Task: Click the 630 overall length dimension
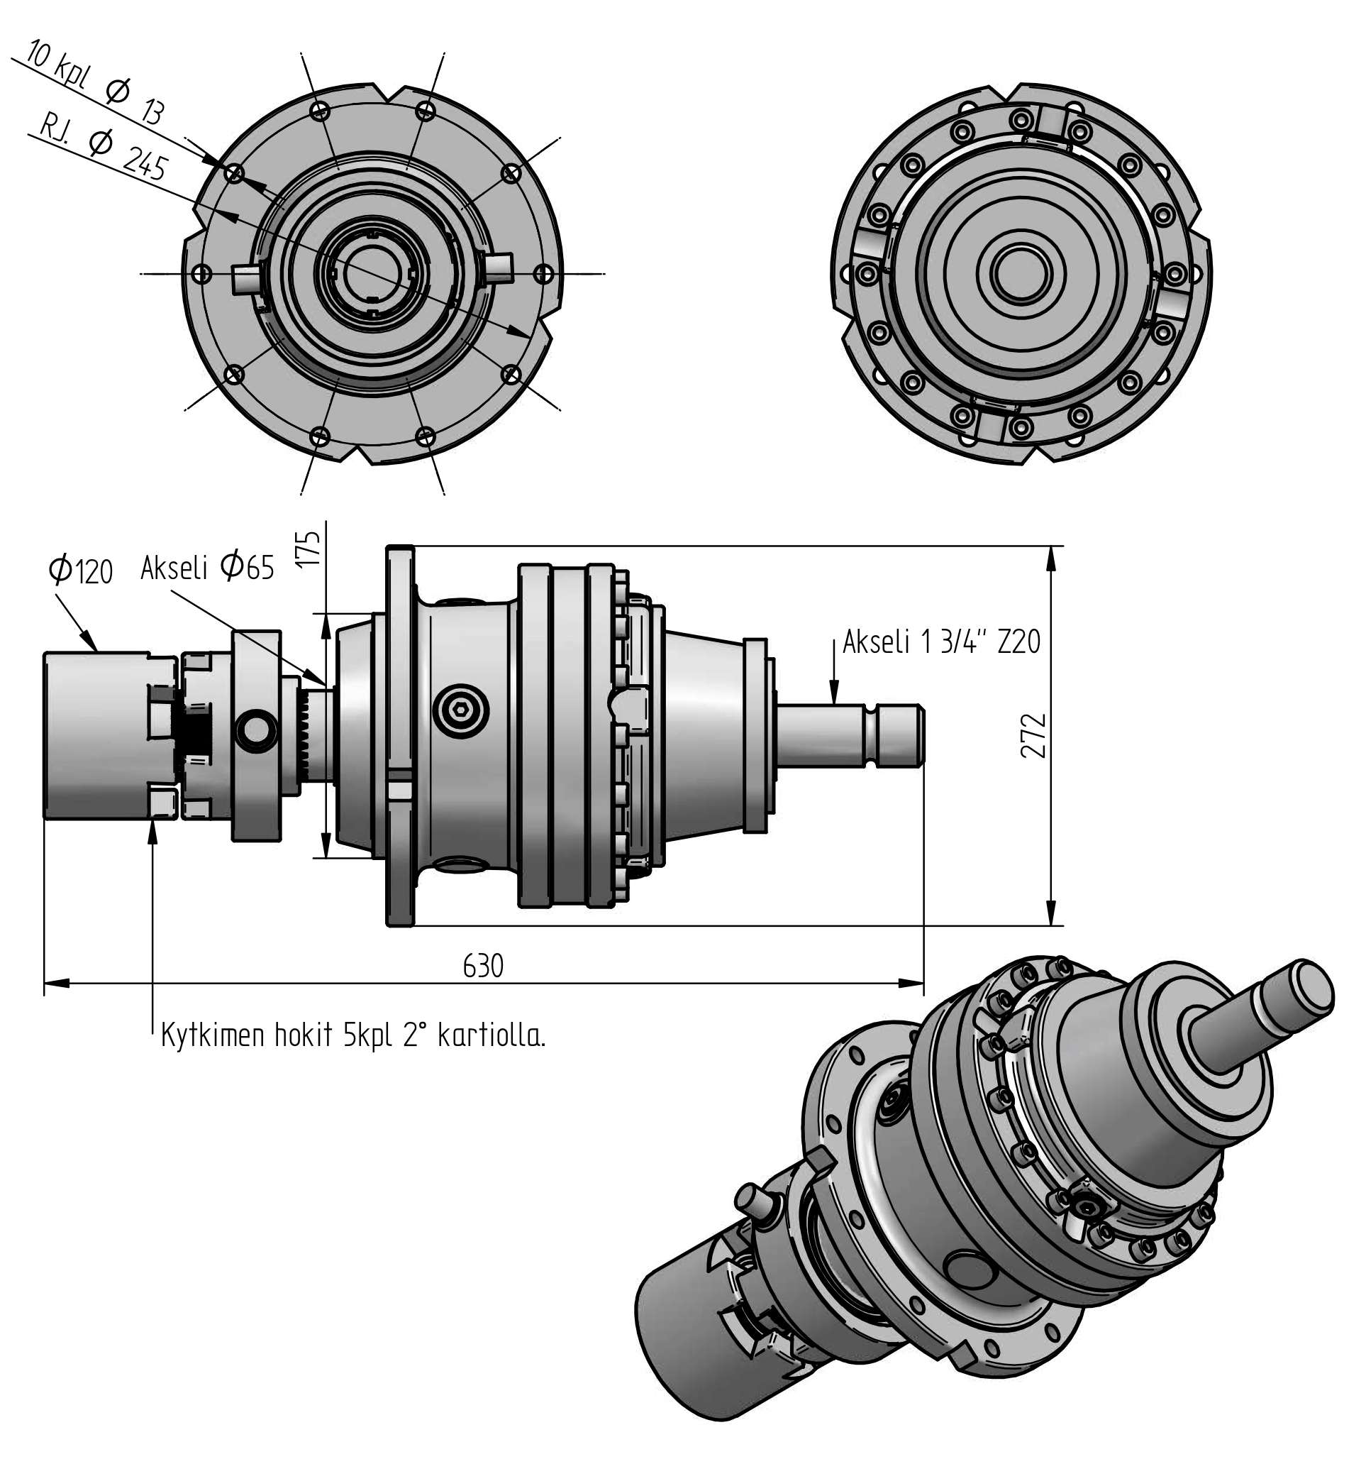pos(484,965)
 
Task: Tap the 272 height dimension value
pos(1033,735)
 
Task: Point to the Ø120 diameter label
pos(80,571)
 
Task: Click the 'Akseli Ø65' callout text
pos(208,567)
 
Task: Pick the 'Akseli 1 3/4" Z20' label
pos(942,642)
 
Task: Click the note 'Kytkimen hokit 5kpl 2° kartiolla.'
pos(353,1035)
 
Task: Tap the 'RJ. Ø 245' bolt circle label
pos(103,148)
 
